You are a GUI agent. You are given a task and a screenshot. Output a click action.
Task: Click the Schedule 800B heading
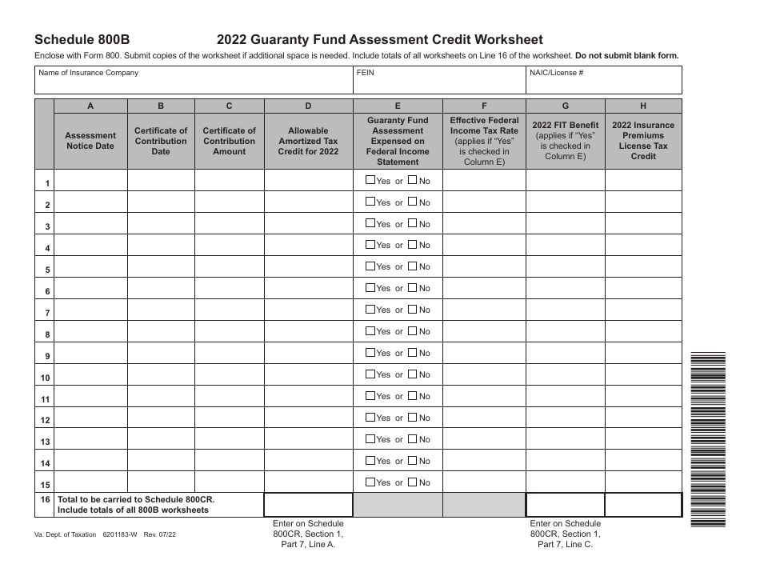point(81,40)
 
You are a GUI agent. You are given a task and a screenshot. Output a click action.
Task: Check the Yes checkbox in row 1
point(370,180)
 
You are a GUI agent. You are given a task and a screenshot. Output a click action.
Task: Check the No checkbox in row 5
point(413,266)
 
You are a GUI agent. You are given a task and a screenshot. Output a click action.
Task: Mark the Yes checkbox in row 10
point(370,374)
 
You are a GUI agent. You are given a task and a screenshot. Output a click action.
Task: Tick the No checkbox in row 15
point(413,482)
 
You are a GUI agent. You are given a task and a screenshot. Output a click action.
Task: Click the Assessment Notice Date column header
point(90,141)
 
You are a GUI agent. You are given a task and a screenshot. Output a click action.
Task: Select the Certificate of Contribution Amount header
point(230,141)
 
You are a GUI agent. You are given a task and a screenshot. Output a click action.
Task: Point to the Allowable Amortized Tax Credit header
point(308,141)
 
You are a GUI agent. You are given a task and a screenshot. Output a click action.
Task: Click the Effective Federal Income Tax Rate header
point(484,141)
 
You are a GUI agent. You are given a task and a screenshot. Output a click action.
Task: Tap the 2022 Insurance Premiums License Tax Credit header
point(643,141)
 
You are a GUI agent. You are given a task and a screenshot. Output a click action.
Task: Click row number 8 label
point(46,335)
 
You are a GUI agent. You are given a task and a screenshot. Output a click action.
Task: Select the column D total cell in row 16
point(308,505)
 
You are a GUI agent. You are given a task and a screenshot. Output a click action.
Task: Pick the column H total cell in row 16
point(643,505)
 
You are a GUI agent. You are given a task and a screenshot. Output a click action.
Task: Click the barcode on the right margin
point(708,439)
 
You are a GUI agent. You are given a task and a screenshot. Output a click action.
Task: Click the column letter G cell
point(566,106)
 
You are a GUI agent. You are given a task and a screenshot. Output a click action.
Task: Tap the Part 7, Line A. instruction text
point(308,545)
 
